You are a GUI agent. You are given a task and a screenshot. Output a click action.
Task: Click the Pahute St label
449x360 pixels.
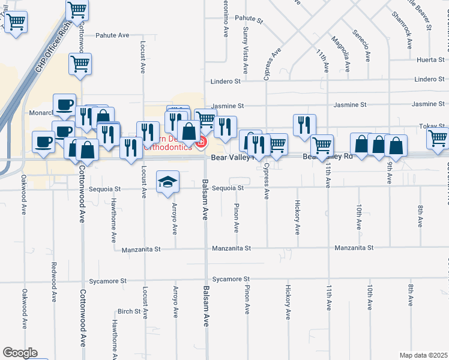click(x=249, y=19)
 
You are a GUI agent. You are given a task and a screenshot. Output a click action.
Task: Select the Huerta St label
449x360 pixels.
click(x=430, y=60)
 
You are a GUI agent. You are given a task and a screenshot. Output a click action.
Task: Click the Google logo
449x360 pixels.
click(x=19, y=353)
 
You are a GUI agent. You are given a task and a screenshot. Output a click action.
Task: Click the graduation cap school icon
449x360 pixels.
click(x=167, y=182)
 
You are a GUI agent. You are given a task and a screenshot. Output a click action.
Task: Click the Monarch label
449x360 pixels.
click(x=41, y=112)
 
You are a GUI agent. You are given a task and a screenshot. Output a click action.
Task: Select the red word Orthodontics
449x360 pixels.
click(x=171, y=148)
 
